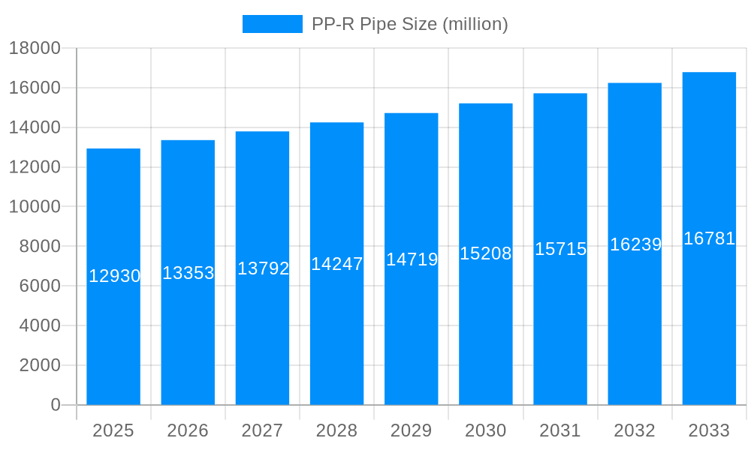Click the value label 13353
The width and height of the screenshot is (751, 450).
tap(189, 273)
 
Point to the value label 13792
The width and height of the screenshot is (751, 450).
tap(263, 268)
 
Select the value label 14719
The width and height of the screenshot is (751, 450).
tap(412, 259)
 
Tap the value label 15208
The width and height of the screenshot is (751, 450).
tap(486, 253)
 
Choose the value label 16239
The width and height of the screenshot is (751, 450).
tap(635, 244)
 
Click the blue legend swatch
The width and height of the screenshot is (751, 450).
tap(272, 24)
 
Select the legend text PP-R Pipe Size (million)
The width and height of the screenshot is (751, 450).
tap(410, 24)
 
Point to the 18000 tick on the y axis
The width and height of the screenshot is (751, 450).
tap(35, 48)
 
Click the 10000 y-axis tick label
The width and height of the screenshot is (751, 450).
tap(35, 207)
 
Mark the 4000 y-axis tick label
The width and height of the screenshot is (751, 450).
tap(39, 325)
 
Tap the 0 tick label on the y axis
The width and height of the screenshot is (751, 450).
tap(56, 405)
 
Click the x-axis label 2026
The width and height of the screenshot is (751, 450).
tap(188, 430)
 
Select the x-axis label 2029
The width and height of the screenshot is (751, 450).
tap(412, 430)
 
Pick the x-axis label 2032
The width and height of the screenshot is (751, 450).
tap(635, 430)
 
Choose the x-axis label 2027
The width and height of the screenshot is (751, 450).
tap(262, 430)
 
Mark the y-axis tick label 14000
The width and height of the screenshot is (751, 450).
tap(35, 127)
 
